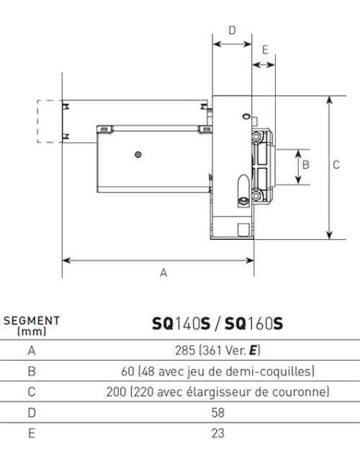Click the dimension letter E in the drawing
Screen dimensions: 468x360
(x=264, y=50)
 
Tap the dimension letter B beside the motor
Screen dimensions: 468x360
(x=305, y=165)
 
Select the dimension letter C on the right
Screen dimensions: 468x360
(x=335, y=165)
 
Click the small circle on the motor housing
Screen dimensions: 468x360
(x=137, y=155)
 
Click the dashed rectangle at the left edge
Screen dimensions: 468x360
(x=50, y=121)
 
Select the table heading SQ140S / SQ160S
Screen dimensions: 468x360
(x=218, y=324)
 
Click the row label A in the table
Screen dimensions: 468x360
(x=31, y=352)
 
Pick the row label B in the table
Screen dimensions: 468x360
(x=31, y=372)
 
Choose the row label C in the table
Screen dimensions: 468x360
(x=31, y=392)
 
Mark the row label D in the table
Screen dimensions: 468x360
(x=31, y=413)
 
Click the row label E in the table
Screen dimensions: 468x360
(x=31, y=433)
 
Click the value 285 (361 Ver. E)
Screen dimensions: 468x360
(x=218, y=352)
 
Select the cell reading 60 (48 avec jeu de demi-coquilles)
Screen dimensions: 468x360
(x=218, y=372)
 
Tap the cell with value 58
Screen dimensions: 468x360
(x=218, y=413)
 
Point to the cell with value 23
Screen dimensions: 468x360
(x=218, y=433)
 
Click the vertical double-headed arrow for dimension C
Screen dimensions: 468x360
(x=329, y=168)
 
